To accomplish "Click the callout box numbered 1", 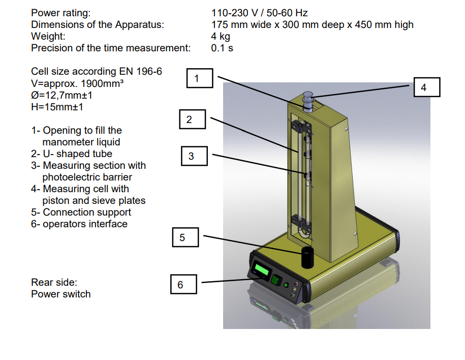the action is coord(200,78).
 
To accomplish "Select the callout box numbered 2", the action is coord(193,119).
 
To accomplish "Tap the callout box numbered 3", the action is coord(194,156).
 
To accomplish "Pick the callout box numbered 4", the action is coord(427,87).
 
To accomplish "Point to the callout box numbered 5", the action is coord(185,237).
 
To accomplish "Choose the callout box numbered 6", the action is coord(183,284).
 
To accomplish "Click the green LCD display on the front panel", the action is coord(261,271).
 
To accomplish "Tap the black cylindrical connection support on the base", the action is coord(307,257).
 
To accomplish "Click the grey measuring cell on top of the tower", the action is coord(308,102).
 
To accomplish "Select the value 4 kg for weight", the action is coord(221,36).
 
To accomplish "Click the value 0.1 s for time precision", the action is coord(222,48).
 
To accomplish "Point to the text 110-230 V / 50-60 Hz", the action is coord(260,13).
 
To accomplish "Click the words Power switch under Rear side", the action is coord(61,294).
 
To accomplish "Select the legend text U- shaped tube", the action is coord(77,154).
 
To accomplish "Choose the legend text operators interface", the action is coord(85,224).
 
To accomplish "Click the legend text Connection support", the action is coord(87,212).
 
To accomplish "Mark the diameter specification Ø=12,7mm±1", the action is coord(61,95).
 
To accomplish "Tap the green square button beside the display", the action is coord(276,280).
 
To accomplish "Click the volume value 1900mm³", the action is coord(102,83).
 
